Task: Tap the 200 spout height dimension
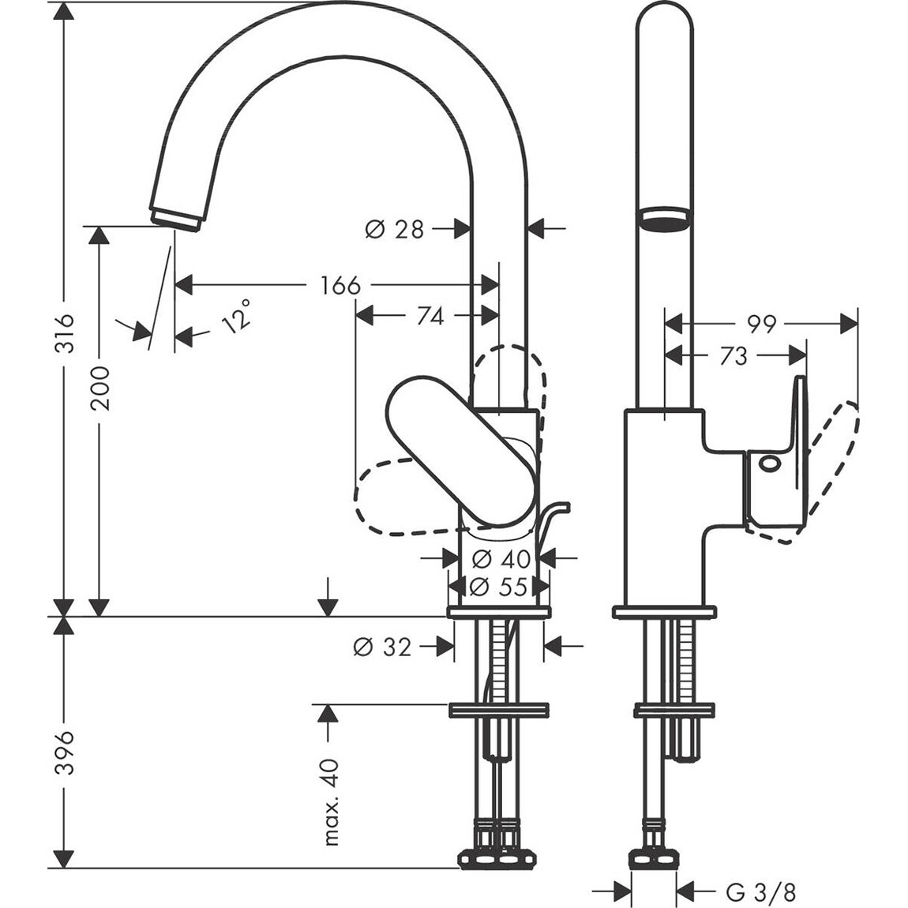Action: [x=100, y=387]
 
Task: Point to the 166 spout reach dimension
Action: [x=340, y=285]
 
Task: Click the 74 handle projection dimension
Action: [x=430, y=316]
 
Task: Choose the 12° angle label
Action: [x=237, y=316]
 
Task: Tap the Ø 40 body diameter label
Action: [x=501, y=559]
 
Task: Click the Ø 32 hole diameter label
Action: [x=383, y=647]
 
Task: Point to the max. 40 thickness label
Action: [x=331, y=801]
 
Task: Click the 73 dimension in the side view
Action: [x=734, y=357]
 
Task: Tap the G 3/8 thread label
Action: [x=761, y=892]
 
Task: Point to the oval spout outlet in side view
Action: [x=664, y=219]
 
